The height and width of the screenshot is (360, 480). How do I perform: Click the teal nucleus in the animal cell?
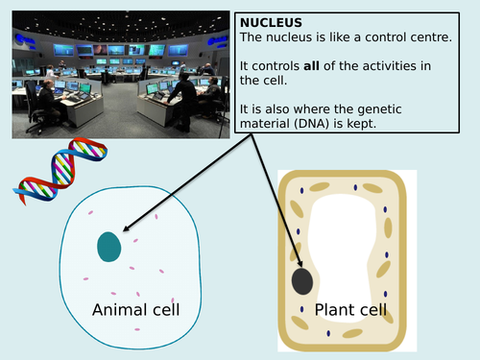(x=110, y=247)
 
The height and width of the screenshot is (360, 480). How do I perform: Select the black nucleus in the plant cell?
(x=301, y=281)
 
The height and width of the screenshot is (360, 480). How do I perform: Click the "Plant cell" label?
(x=351, y=309)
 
